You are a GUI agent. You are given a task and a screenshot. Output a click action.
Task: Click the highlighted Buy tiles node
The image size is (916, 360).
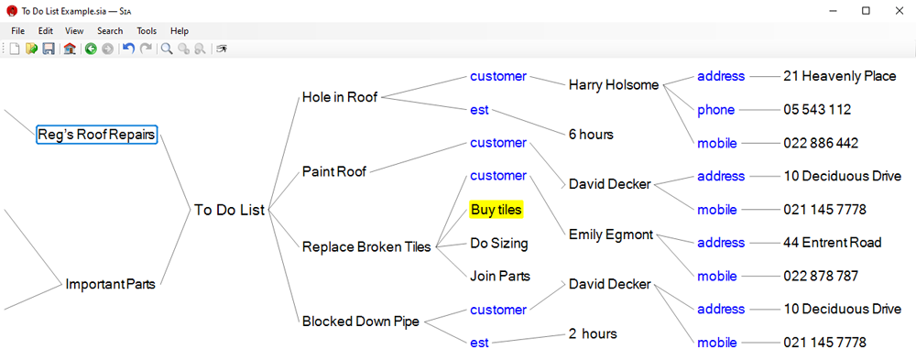[496, 210]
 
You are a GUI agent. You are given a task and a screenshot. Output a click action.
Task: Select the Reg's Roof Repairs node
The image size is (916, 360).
[96, 135]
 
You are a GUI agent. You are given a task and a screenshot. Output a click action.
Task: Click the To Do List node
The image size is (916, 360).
[230, 210]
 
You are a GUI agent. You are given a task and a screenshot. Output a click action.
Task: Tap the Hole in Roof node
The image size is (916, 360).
[340, 98]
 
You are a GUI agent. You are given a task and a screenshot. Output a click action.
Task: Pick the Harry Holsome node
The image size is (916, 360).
[614, 85]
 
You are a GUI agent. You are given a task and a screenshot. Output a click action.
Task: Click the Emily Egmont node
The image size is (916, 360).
[611, 235]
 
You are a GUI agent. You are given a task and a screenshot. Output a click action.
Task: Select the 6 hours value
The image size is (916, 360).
[591, 135]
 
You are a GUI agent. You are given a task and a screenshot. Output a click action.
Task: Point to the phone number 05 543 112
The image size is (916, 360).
[817, 110]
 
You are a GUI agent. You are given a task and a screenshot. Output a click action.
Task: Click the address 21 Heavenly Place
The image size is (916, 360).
[839, 77]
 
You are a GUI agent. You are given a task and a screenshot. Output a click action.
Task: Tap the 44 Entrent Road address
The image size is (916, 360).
[832, 243]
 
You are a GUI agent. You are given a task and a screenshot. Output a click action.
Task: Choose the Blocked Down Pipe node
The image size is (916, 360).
[360, 322]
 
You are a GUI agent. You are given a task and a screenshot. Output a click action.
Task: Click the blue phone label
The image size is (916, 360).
[715, 111]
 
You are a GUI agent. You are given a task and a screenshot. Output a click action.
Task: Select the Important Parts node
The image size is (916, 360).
[111, 285]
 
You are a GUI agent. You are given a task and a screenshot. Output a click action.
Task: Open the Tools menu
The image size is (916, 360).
[147, 31]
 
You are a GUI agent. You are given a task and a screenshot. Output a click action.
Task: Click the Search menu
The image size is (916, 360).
[110, 31]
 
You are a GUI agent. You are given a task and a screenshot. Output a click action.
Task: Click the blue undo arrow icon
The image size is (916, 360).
[128, 49]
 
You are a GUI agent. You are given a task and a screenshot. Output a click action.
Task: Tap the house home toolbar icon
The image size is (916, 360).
[71, 49]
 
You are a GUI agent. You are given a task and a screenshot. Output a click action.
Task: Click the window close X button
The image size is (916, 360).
[900, 10]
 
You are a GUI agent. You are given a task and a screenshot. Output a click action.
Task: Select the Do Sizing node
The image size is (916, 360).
[499, 244]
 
